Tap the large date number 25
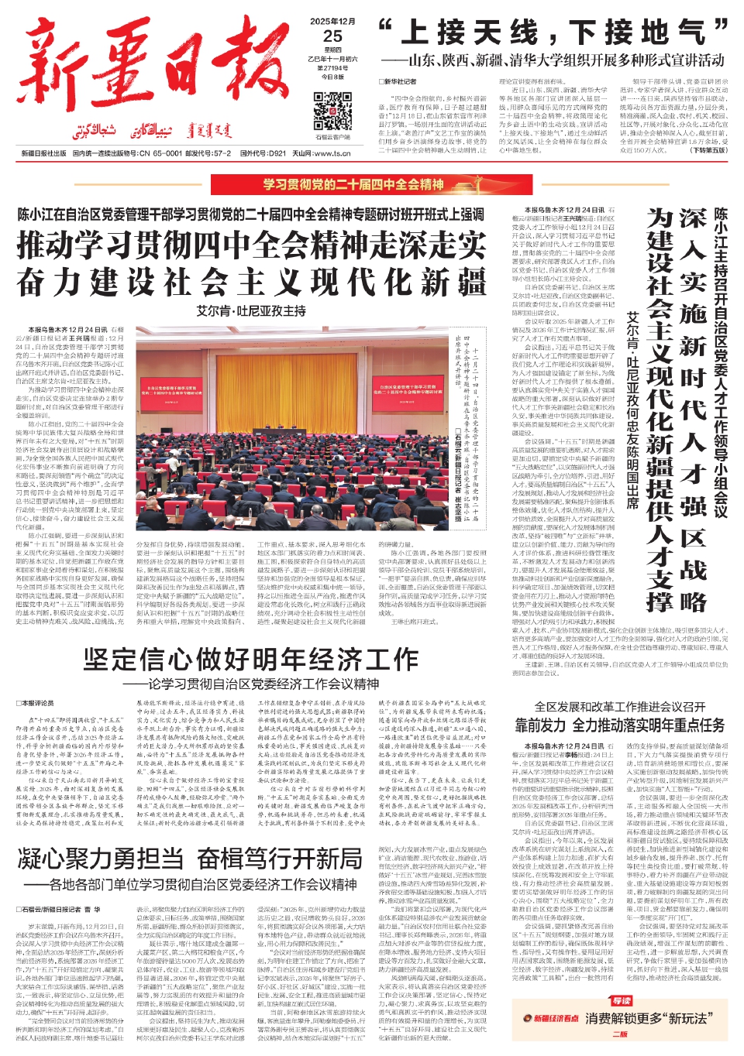coord(332,36)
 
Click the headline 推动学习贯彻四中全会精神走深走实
coord(252,246)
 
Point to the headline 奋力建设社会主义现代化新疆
coord(252,283)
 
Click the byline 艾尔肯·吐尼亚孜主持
coord(251,310)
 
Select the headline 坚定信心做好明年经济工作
coord(251,659)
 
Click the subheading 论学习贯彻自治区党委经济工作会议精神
coord(263,684)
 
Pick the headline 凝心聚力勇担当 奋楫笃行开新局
coord(190,859)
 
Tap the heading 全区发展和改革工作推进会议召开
coord(619,707)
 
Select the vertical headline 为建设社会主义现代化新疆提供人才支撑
coord(660,410)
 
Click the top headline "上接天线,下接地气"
coord(553,33)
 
